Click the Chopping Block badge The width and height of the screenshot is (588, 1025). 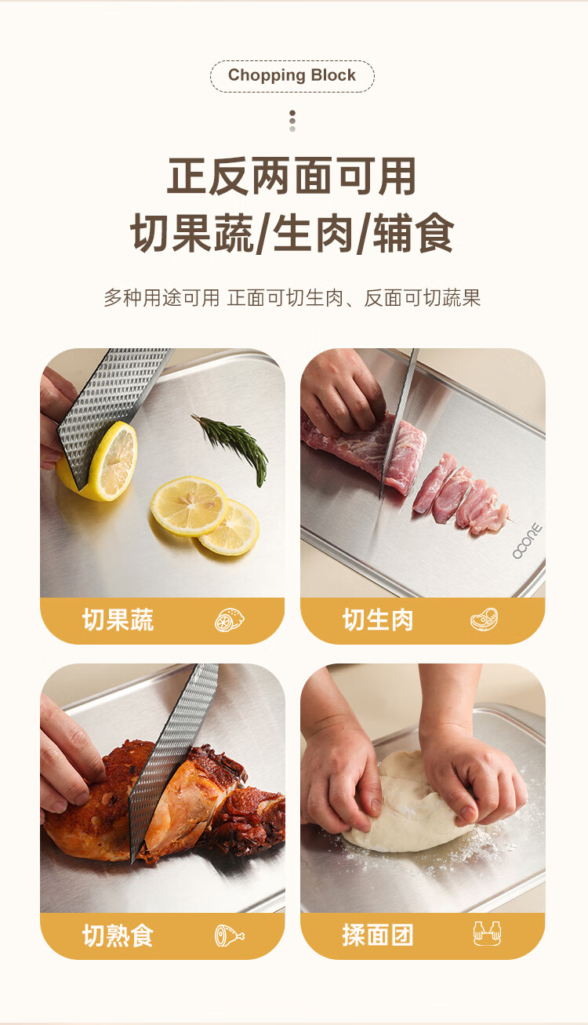(292, 76)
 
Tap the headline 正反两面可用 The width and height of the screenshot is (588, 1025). (292, 176)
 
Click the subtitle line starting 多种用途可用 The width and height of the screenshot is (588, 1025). (292, 298)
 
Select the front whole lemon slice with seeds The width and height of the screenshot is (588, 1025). (189, 506)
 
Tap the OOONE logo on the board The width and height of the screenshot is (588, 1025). (528, 541)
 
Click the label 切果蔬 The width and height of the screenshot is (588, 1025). (118, 620)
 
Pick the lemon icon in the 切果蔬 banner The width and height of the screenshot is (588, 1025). (229, 620)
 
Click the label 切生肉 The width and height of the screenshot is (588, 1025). (378, 620)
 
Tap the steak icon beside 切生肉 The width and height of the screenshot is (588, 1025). (485, 619)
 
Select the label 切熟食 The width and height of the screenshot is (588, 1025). (118, 936)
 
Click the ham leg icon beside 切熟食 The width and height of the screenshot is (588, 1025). (229, 936)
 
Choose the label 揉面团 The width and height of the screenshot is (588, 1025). (378, 935)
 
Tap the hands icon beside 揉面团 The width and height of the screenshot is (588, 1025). (487, 933)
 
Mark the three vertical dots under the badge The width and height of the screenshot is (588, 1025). (292, 121)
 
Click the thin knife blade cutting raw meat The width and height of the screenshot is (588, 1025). (398, 421)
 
